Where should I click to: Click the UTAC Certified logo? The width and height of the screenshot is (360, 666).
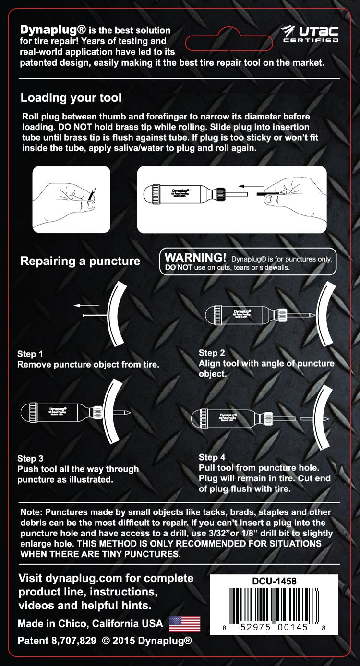[310, 34]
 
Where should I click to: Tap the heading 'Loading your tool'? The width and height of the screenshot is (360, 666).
[71, 98]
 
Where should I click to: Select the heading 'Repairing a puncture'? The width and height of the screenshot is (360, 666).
[80, 261]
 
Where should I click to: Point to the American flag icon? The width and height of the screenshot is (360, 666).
[185, 623]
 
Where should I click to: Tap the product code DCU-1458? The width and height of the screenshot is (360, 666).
[274, 581]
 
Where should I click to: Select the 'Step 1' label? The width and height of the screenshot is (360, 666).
[30, 354]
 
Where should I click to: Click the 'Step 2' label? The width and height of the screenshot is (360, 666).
[212, 353]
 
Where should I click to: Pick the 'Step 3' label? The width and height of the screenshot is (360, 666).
[30, 458]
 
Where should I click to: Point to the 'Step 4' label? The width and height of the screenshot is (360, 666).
[212, 457]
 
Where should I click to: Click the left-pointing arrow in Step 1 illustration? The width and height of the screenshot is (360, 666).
[86, 305]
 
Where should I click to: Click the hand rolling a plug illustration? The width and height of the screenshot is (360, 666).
[71, 199]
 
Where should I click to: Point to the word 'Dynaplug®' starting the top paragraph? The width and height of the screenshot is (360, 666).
[47, 30]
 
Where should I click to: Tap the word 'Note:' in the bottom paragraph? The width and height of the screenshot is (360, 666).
[32, 512]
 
